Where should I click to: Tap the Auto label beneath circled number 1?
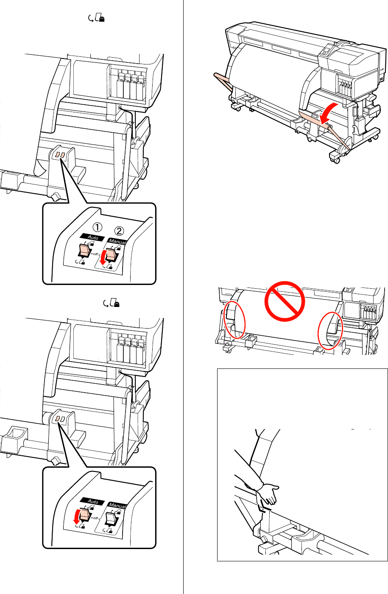[93, 238]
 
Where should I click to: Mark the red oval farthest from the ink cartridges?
[234, 321]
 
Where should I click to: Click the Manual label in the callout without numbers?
[117, 505]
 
